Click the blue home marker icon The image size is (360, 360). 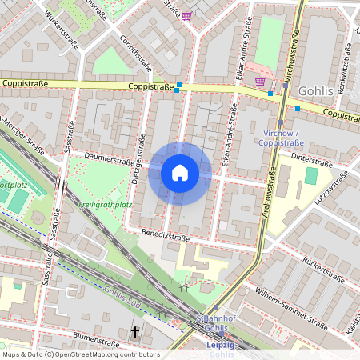[x=180, y=173]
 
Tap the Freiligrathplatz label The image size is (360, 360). [x=105, y=204]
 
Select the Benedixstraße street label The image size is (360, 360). [x=166, y=238]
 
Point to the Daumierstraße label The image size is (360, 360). [x=108, y=160]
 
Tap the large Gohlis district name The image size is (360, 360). [x=315, y=91]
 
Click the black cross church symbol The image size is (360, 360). [x=135, y=331]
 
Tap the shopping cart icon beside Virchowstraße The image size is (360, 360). [x=260, y=81]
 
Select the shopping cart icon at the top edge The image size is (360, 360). [x=186, y=15]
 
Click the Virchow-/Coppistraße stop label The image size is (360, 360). [x=278, y=138]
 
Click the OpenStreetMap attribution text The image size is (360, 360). [x=80, y=354]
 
